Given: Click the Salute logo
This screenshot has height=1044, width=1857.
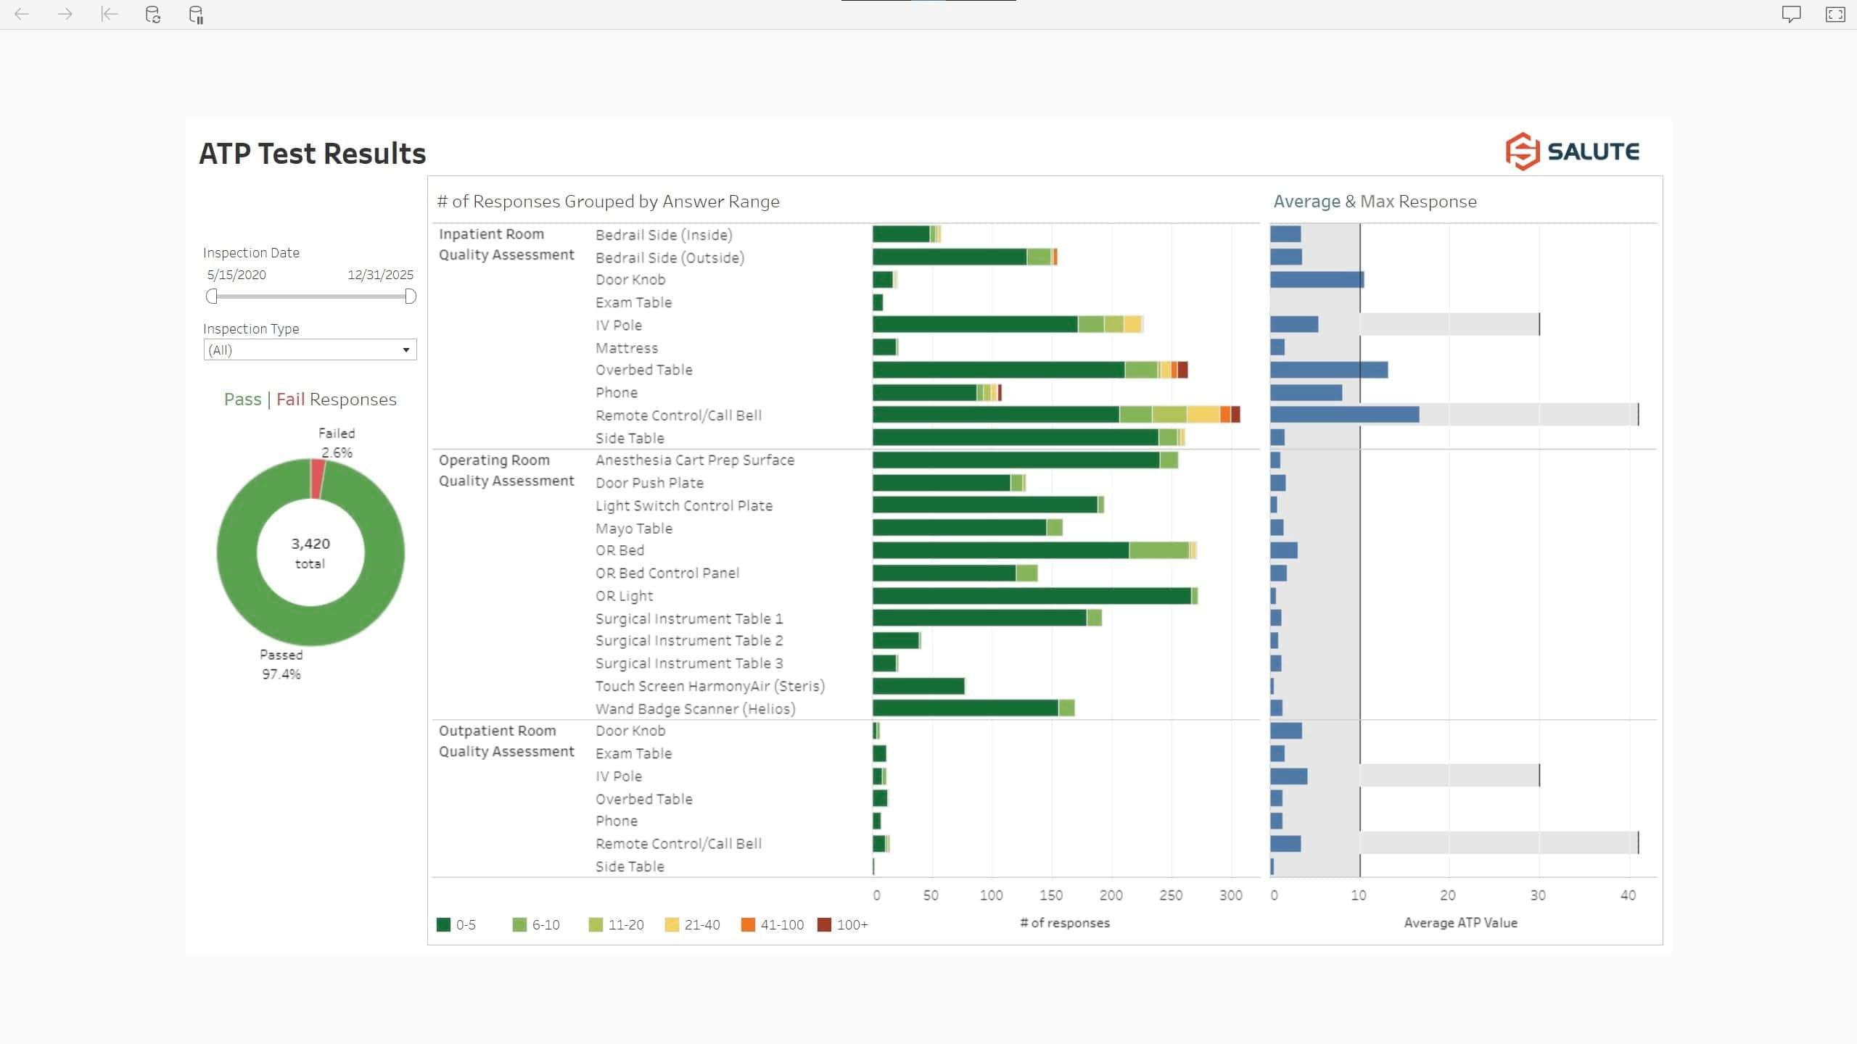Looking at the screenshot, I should [x=1571, y=152].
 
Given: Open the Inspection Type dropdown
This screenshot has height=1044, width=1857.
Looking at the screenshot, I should [x=310, y=350].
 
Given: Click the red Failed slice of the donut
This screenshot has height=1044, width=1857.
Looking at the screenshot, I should [x=318, y=479].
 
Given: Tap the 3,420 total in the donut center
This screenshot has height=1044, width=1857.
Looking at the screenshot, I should [x=310, y=552].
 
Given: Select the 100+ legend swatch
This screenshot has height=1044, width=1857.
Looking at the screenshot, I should [x=824, y=924].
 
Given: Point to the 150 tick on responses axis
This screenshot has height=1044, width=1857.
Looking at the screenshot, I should [x=1050, y=895].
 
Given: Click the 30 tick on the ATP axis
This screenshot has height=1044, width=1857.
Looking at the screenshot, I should [x=1538, y=895].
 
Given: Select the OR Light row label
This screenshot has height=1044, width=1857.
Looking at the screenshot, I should [x=624, y=596].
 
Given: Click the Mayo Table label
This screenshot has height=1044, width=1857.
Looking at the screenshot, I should [x=633, y=529].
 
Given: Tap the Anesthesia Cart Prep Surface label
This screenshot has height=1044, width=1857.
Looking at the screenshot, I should [x=694, y=460].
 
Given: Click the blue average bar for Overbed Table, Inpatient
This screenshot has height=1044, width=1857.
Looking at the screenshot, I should [x=1328, y=370].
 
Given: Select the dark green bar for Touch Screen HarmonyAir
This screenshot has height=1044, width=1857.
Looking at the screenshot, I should [x=918, y=686].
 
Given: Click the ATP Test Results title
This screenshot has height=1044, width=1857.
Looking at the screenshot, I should [x=313, y=154].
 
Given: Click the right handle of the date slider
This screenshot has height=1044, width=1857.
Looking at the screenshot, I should [x=410, y=297].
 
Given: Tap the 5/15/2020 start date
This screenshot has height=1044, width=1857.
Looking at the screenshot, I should [x=236, y=275].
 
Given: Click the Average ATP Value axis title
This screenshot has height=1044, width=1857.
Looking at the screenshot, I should [x=1460, y=923].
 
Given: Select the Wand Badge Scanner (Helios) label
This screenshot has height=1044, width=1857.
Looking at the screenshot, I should [x=695, y=709].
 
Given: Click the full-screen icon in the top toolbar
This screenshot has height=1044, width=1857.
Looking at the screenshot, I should [x=1835, y=14].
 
